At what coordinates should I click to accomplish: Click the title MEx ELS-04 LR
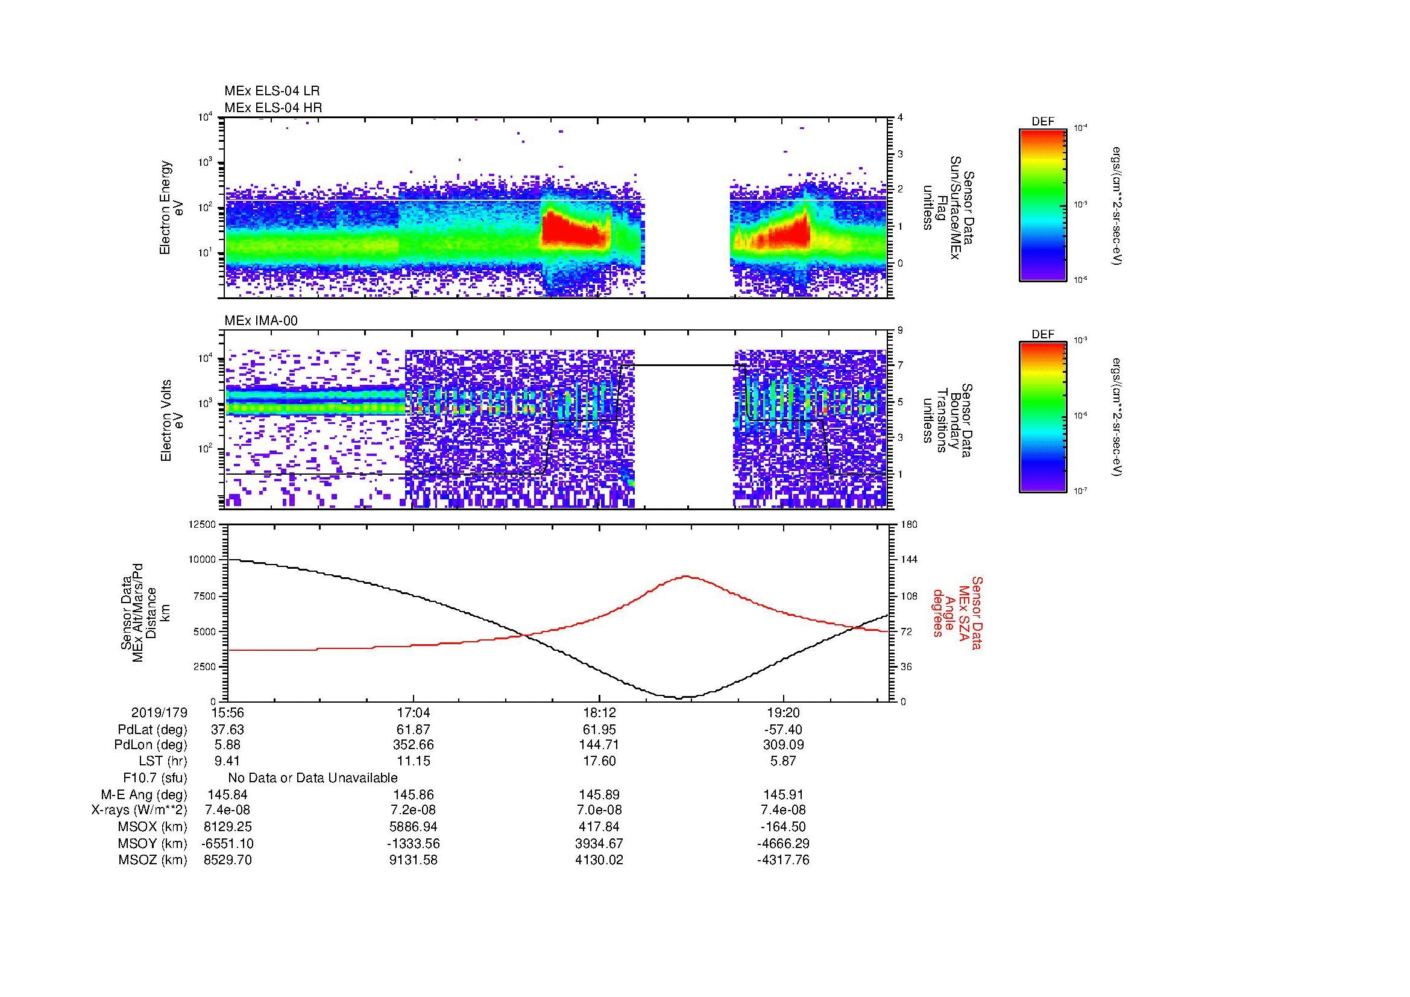[271, 91]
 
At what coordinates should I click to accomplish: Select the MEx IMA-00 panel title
[260, 321]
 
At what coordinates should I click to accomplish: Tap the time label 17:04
[414, 712]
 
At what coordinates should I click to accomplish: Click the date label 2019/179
[159, 712]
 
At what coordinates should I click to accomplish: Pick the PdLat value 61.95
[599, 730]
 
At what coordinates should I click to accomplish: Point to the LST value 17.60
[599, 761]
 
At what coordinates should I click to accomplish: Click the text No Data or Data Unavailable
[313, 777]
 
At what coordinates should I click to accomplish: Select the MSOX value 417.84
[599, 827]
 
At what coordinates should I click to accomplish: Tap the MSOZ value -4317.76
[783, 860]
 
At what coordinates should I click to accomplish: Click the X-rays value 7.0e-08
[599, 810]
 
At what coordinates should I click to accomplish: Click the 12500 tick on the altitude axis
[203, 524]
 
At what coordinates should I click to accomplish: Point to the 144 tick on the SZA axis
[909, 560]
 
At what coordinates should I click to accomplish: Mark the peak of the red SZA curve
[685, 576]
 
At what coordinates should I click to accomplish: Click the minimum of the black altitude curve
[678, 698]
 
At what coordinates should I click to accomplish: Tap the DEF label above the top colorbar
[1042, 122]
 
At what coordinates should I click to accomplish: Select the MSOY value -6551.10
[227, 843]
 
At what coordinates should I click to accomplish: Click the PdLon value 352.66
[414, 744]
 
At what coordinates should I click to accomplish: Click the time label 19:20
[783, 712]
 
